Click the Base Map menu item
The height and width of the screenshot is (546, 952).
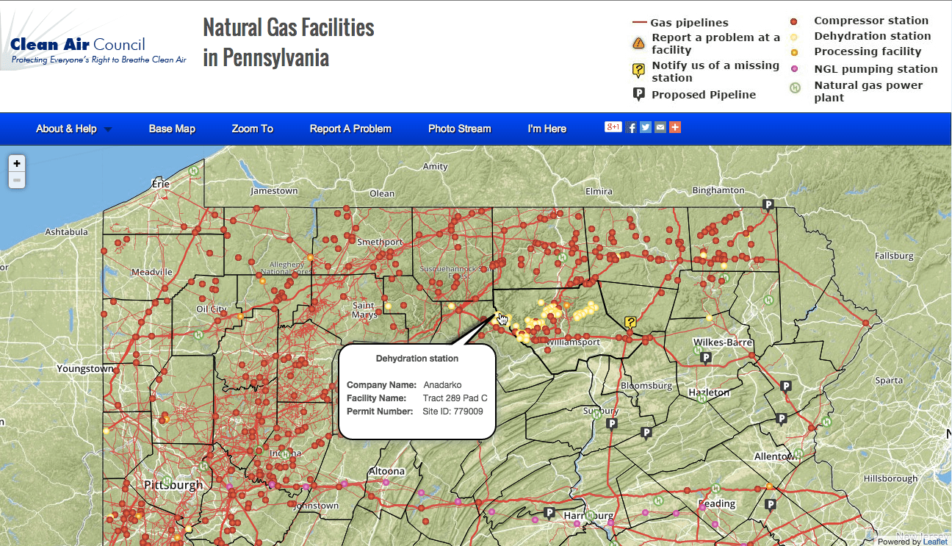coord(172,129)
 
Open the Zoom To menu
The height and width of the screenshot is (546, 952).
coord(252,129)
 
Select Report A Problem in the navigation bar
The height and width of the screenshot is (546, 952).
coord(350,129)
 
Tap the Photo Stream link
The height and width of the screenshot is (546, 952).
coord(459,129)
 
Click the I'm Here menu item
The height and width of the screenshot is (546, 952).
coord(547,129)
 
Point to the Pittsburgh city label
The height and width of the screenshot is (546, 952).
coord(173,485)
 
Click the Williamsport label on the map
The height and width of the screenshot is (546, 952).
coord(574,342)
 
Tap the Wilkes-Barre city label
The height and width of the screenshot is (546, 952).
coord(722,342)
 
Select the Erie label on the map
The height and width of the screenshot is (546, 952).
coord(160,184)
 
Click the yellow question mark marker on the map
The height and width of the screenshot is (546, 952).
coord(630,322)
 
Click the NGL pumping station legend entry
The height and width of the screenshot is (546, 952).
coord(876,69)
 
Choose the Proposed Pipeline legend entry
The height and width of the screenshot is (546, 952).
coord(703,94)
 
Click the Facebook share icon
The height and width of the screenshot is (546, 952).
coord(632,127)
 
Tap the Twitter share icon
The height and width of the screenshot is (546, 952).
coord(646,127)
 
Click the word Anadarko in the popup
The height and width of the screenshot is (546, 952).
coord(442,385)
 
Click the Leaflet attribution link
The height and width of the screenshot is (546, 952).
coord(935,542)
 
